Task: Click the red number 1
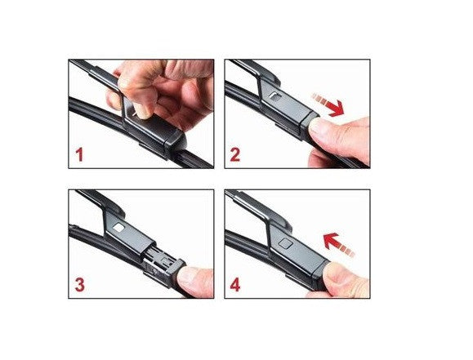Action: (x=79, y=154)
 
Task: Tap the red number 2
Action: (x=235, y=154)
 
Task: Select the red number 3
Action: (x=79, y=285)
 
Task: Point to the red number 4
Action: (x=235, y=285)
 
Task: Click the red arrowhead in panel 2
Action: (x=337, y=109)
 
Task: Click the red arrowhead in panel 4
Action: (x=331, y=240)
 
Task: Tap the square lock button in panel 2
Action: (x=274, y=96)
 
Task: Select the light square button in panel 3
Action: (x=118, y=228)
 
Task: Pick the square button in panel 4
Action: (x=285, y=243)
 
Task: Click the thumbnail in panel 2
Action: (x=316, y=126)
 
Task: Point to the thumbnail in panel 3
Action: (x=185, y=274)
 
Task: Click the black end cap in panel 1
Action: (x=174, y=142)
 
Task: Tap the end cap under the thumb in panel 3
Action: (x=174, y=270)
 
